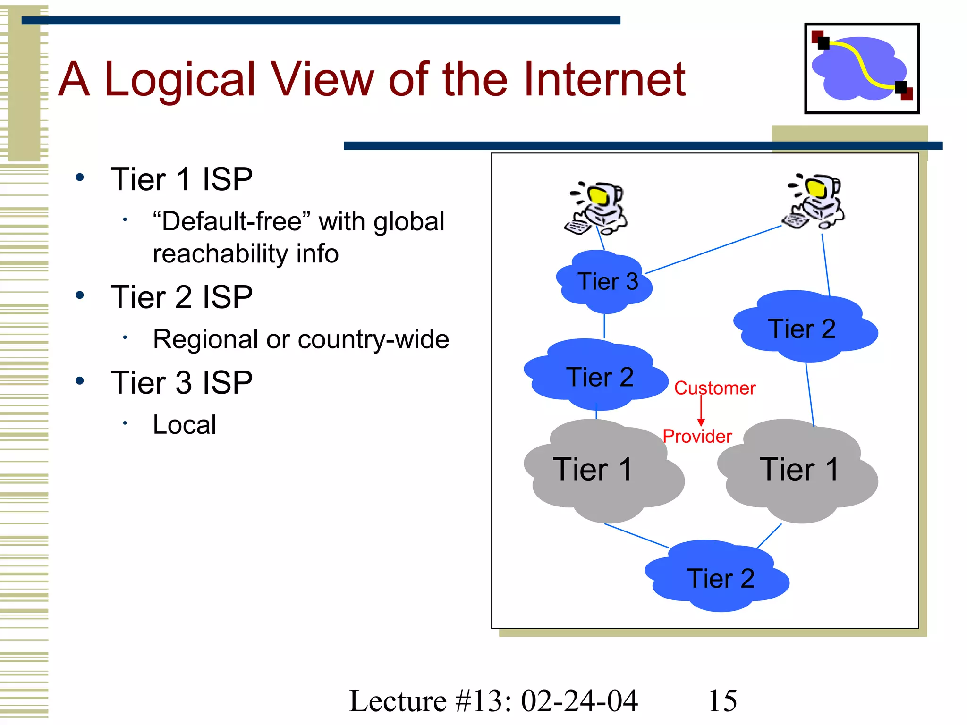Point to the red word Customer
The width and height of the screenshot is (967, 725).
(714, 388)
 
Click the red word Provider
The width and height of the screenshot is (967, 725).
(697, 436)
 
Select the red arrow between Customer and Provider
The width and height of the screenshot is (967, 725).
(701, 411)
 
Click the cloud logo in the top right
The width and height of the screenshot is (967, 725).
(862, 68)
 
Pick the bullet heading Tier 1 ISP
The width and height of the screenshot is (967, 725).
(181, 179)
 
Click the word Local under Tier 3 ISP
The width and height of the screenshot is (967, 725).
(185, 424)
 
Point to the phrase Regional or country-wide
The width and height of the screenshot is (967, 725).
(301, 339)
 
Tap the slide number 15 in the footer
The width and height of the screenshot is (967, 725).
(722, 700)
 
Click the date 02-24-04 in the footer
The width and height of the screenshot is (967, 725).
(579, 700)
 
